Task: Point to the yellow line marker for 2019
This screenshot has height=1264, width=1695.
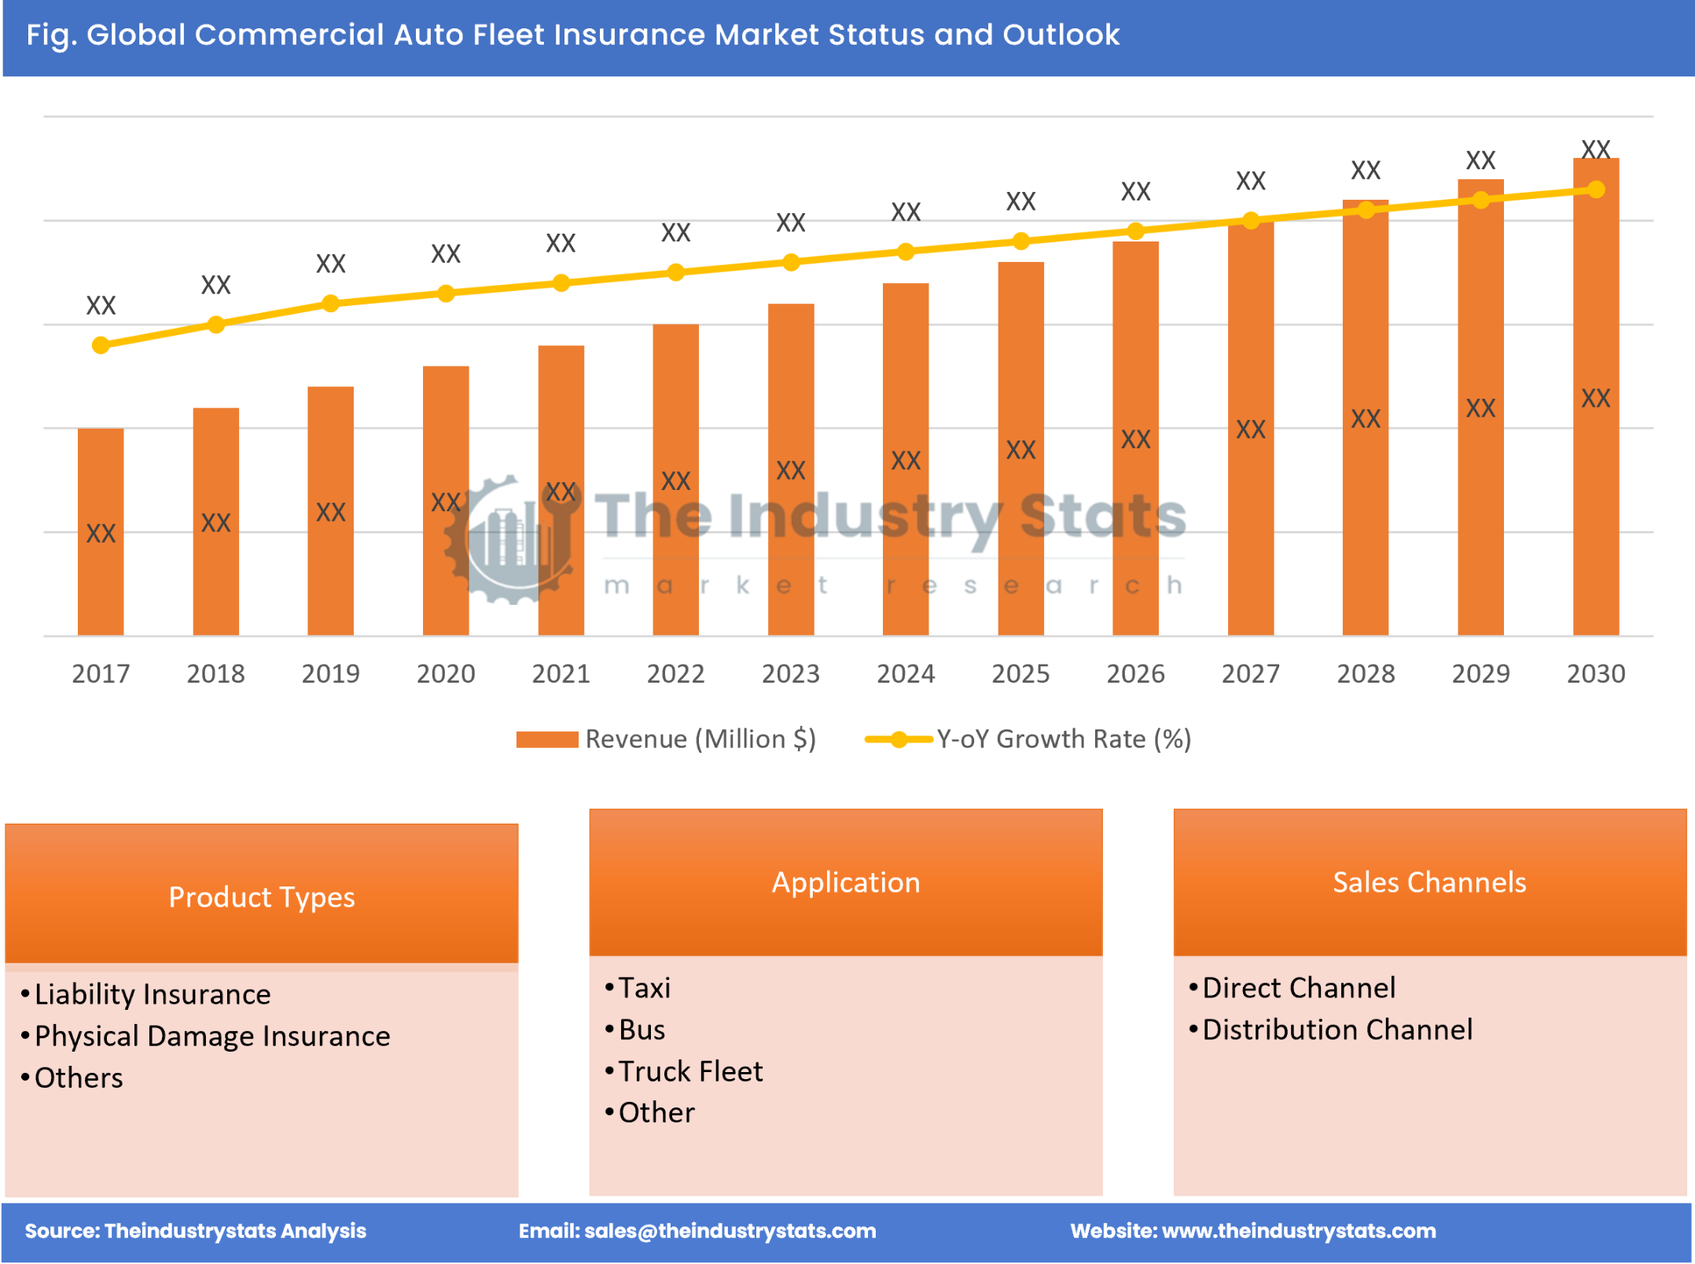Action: click(x=331, y=304)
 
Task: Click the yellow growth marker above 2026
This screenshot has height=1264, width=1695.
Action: click(x=1135, y=231)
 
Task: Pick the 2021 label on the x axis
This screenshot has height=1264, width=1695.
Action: click(x=561, y=673)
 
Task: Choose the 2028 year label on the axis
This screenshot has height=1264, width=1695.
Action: click(x=1366, y=673)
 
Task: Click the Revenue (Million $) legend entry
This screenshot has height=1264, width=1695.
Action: click(x=666, y=739)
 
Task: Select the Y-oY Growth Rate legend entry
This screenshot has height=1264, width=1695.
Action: click(x=1028, y=739)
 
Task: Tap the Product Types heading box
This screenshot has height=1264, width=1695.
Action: click(x=262, y=896)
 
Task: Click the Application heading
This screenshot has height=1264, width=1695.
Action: click(x=845, y=882)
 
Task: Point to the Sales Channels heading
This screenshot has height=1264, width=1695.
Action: click(x=1429, y=882)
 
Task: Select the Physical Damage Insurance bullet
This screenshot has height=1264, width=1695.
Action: click(x=212, y=1036)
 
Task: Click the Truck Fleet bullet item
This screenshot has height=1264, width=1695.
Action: click(x=690, y=1071)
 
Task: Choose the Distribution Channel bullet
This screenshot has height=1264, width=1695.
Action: click(x=1337, y=1030)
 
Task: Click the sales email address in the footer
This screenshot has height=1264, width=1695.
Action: click(x=730, y=1231)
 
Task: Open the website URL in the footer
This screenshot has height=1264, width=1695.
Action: click(x=1298, y=1231)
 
